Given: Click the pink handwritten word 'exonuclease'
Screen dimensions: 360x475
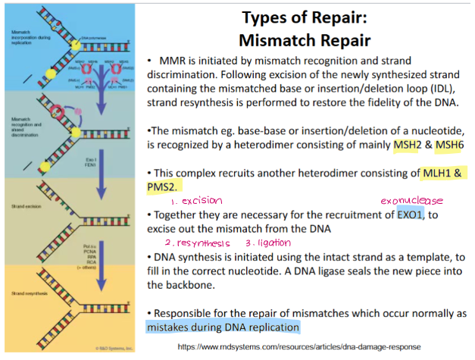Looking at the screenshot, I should click(411, 201).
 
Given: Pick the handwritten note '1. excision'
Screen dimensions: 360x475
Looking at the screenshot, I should click(196, 201).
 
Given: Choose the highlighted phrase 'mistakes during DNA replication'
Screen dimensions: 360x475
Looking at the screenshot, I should click(223, 327).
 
